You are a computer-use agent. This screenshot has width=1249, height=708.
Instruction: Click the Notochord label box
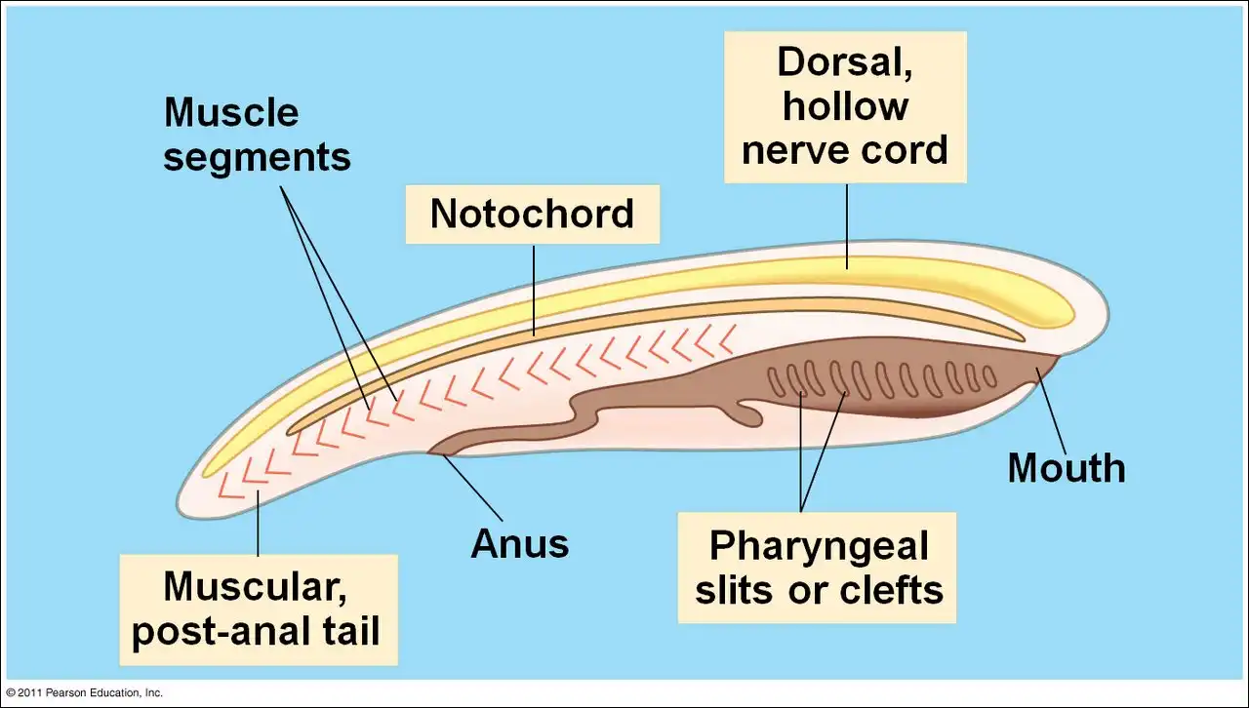point(533,215)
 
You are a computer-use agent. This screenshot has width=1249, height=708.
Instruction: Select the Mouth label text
point(1066,468)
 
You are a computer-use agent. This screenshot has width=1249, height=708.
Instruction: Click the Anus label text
point(519,543)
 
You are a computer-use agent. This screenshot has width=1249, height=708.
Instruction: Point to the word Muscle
point(231,112)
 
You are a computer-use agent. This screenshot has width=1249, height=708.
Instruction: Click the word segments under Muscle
point(257,156)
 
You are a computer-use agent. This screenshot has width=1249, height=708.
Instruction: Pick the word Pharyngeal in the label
point(818,546)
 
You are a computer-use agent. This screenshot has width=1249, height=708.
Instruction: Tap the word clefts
point(890,590)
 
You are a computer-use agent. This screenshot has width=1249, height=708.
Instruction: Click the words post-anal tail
point(256,631)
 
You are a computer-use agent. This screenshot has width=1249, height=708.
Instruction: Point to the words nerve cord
point(845,150)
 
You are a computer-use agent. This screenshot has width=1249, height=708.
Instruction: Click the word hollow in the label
point(845,106)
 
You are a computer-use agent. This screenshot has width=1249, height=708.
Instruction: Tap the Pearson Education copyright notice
point(84,692)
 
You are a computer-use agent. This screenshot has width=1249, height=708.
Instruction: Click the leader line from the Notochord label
point(534,288)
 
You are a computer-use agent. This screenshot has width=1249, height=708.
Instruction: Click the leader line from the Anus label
point(474,487)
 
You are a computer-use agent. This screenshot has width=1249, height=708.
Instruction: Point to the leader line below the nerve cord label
point(847,223)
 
